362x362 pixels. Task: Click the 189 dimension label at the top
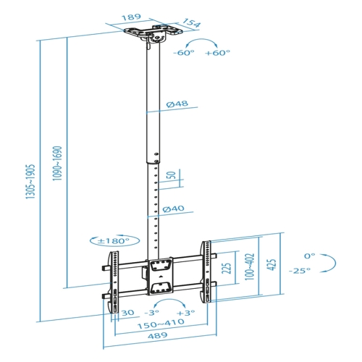[131, 17]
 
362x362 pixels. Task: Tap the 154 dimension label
[191, 22]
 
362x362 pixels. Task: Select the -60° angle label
[184, 53]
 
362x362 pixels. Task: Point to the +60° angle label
[217, 53]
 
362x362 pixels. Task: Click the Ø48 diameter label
[177, 104]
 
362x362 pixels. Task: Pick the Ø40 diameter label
[173, 209]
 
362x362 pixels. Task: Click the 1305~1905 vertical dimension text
[30, 182]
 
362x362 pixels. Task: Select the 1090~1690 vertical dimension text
[57, 164]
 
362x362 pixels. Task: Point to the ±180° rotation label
[114, 240]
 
